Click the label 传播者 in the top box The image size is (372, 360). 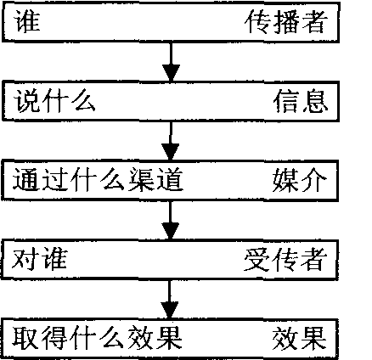point(286,22)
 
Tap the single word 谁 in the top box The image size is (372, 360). point(27,21)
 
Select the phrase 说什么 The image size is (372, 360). point(54,100)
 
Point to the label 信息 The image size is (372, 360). point(301,101)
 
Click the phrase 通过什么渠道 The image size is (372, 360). point(98,179)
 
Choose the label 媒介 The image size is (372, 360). point(300,180)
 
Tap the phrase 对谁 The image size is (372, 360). point(39,259)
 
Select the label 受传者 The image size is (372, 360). point(285,259)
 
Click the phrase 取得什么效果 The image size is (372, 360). point(97,338)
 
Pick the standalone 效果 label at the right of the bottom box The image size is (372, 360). point(300,339)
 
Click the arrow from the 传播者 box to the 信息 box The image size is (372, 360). point(171,62)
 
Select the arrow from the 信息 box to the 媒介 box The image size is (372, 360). point(171,142)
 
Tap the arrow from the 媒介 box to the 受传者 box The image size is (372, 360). point(170,221)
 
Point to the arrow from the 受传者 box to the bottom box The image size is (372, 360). point(170,300)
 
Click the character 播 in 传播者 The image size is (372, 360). point(286,22)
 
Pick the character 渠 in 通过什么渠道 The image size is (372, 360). point(141,179)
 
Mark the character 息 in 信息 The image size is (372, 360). point(315,101)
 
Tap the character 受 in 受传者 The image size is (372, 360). point(256,259)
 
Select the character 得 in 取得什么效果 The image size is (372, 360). point(54,338)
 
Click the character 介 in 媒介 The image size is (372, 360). point(314,180)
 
